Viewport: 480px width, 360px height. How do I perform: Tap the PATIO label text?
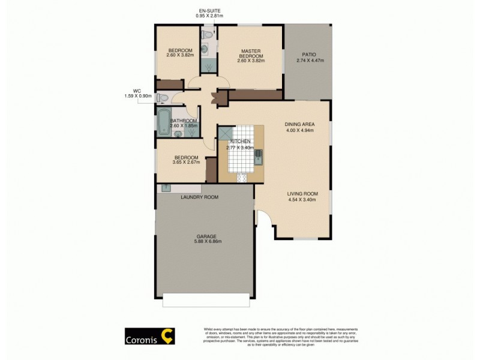[309, 54]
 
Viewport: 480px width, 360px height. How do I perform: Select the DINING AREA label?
[299, 124]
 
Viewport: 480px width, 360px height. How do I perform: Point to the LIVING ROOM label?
[302, 193]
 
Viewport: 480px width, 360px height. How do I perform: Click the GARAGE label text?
[205, 236]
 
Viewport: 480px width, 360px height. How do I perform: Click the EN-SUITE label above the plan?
[209, 10]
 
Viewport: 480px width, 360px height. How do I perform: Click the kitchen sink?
[259, 157]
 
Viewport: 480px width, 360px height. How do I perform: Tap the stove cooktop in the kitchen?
[242, 177]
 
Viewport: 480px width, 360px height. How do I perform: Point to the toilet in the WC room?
[162, 98]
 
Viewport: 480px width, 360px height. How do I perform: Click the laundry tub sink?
[164, 188]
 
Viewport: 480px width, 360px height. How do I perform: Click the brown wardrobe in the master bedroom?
[256, 95]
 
